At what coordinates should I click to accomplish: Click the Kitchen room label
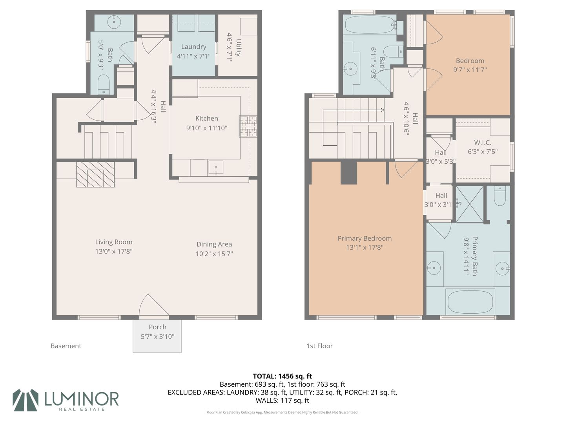click(207, 119)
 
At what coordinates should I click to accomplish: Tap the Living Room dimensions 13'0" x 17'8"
click(114, 251)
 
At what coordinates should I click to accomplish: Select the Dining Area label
click(214, 244)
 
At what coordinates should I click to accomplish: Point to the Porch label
click(157, 327)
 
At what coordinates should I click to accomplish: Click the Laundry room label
click(194, 47)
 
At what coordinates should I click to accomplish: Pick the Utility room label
click(238, 48)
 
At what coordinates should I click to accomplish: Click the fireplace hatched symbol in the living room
click(95, 174)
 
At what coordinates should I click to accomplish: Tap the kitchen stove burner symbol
click(248, 126)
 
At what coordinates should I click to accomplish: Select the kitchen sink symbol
click(216, 167)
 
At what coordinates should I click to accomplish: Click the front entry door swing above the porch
click(154, 305)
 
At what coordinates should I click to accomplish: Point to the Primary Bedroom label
click(365, 238)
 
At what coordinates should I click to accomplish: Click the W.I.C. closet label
click(483, 143)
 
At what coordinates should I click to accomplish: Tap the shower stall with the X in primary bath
click(470, 204)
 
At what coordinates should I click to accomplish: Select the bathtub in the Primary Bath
click(470, 302)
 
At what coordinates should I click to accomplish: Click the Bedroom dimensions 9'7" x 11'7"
click(470, 70)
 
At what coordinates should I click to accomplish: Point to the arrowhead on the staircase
click(383, 110)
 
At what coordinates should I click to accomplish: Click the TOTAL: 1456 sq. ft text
click(282, 376)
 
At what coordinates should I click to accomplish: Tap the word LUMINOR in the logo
click(82, 398)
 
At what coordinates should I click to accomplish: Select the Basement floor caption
click(66, 346)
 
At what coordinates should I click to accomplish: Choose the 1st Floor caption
click(319, 346)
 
